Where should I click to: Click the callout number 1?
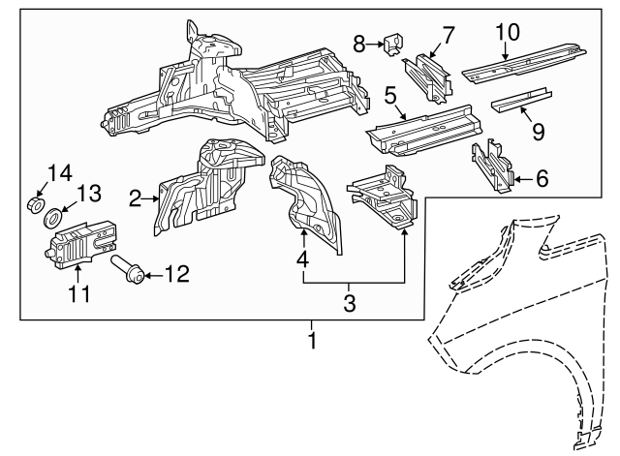click(312, 341)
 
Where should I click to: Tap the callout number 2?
click(137, 199)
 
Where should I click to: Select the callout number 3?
click(351, 304)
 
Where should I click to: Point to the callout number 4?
click(303, 259)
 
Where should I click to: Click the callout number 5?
click(391, 96)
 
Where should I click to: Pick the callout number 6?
click(542, 178)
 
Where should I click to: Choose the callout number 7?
click(448, 37)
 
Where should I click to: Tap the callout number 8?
click(359, 43)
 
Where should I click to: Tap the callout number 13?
click(89, 195)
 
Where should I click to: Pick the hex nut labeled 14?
click(36, 204)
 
